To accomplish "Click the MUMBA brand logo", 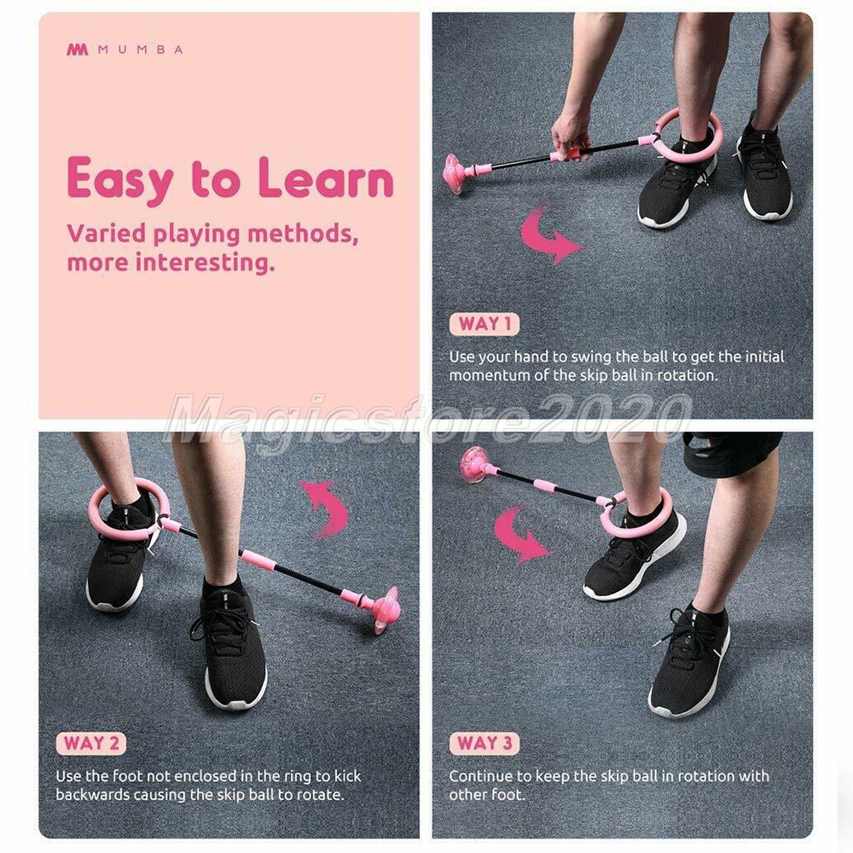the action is tap(125, 49).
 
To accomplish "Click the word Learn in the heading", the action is tap(325, 178).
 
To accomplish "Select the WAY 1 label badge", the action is tap(485, 324).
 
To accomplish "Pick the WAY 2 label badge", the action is tap(91, 744).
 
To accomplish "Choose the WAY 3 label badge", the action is tap(485, 743).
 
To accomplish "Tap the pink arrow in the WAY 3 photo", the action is tap(520, 533).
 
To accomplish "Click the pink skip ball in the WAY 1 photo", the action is tap(457, 173).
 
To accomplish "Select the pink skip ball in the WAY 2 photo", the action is tap(386, 609).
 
